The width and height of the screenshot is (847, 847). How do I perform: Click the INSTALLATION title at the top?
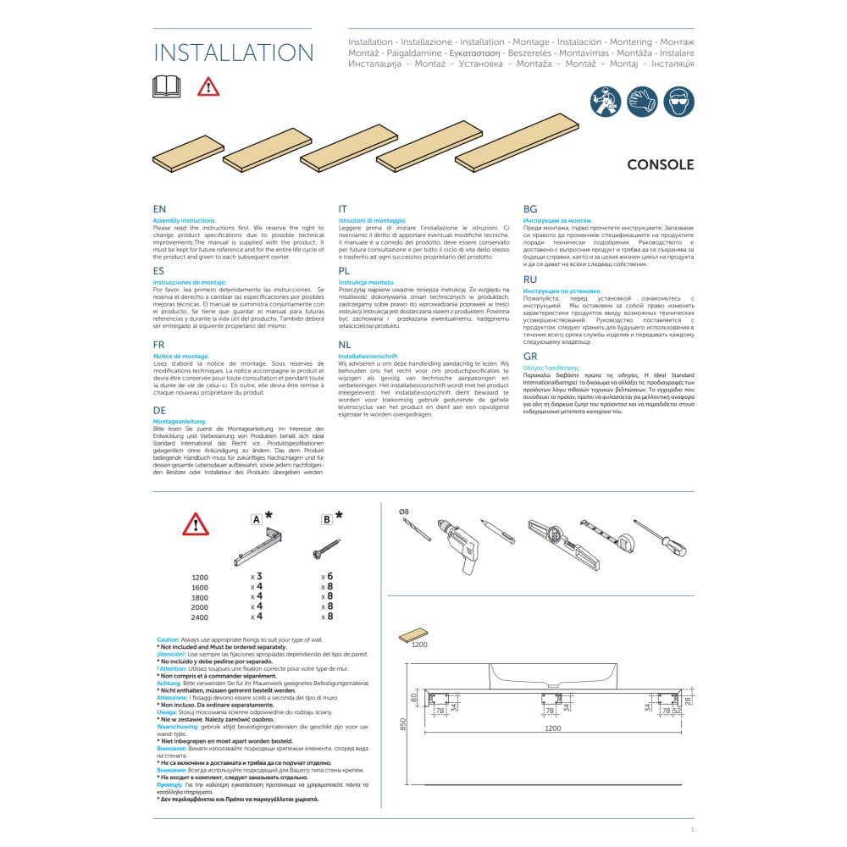233,53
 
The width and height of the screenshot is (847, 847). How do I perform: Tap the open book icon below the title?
166,86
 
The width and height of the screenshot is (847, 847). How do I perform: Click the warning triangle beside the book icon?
208,86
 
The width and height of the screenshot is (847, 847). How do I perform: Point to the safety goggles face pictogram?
678,102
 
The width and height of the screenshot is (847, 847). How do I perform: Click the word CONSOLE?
660,165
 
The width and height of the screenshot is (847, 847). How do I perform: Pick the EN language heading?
159,209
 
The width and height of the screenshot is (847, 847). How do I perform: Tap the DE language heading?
160,410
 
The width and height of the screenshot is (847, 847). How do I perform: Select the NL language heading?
344,346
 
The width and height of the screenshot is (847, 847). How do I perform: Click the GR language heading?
531,357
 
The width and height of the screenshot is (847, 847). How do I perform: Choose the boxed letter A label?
255,519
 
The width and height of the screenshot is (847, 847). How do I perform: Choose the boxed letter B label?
326,519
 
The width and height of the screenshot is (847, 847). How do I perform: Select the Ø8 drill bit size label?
404,512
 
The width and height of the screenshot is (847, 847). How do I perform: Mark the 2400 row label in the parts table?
200,617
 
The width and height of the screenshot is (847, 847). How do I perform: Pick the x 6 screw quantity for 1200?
326,576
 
